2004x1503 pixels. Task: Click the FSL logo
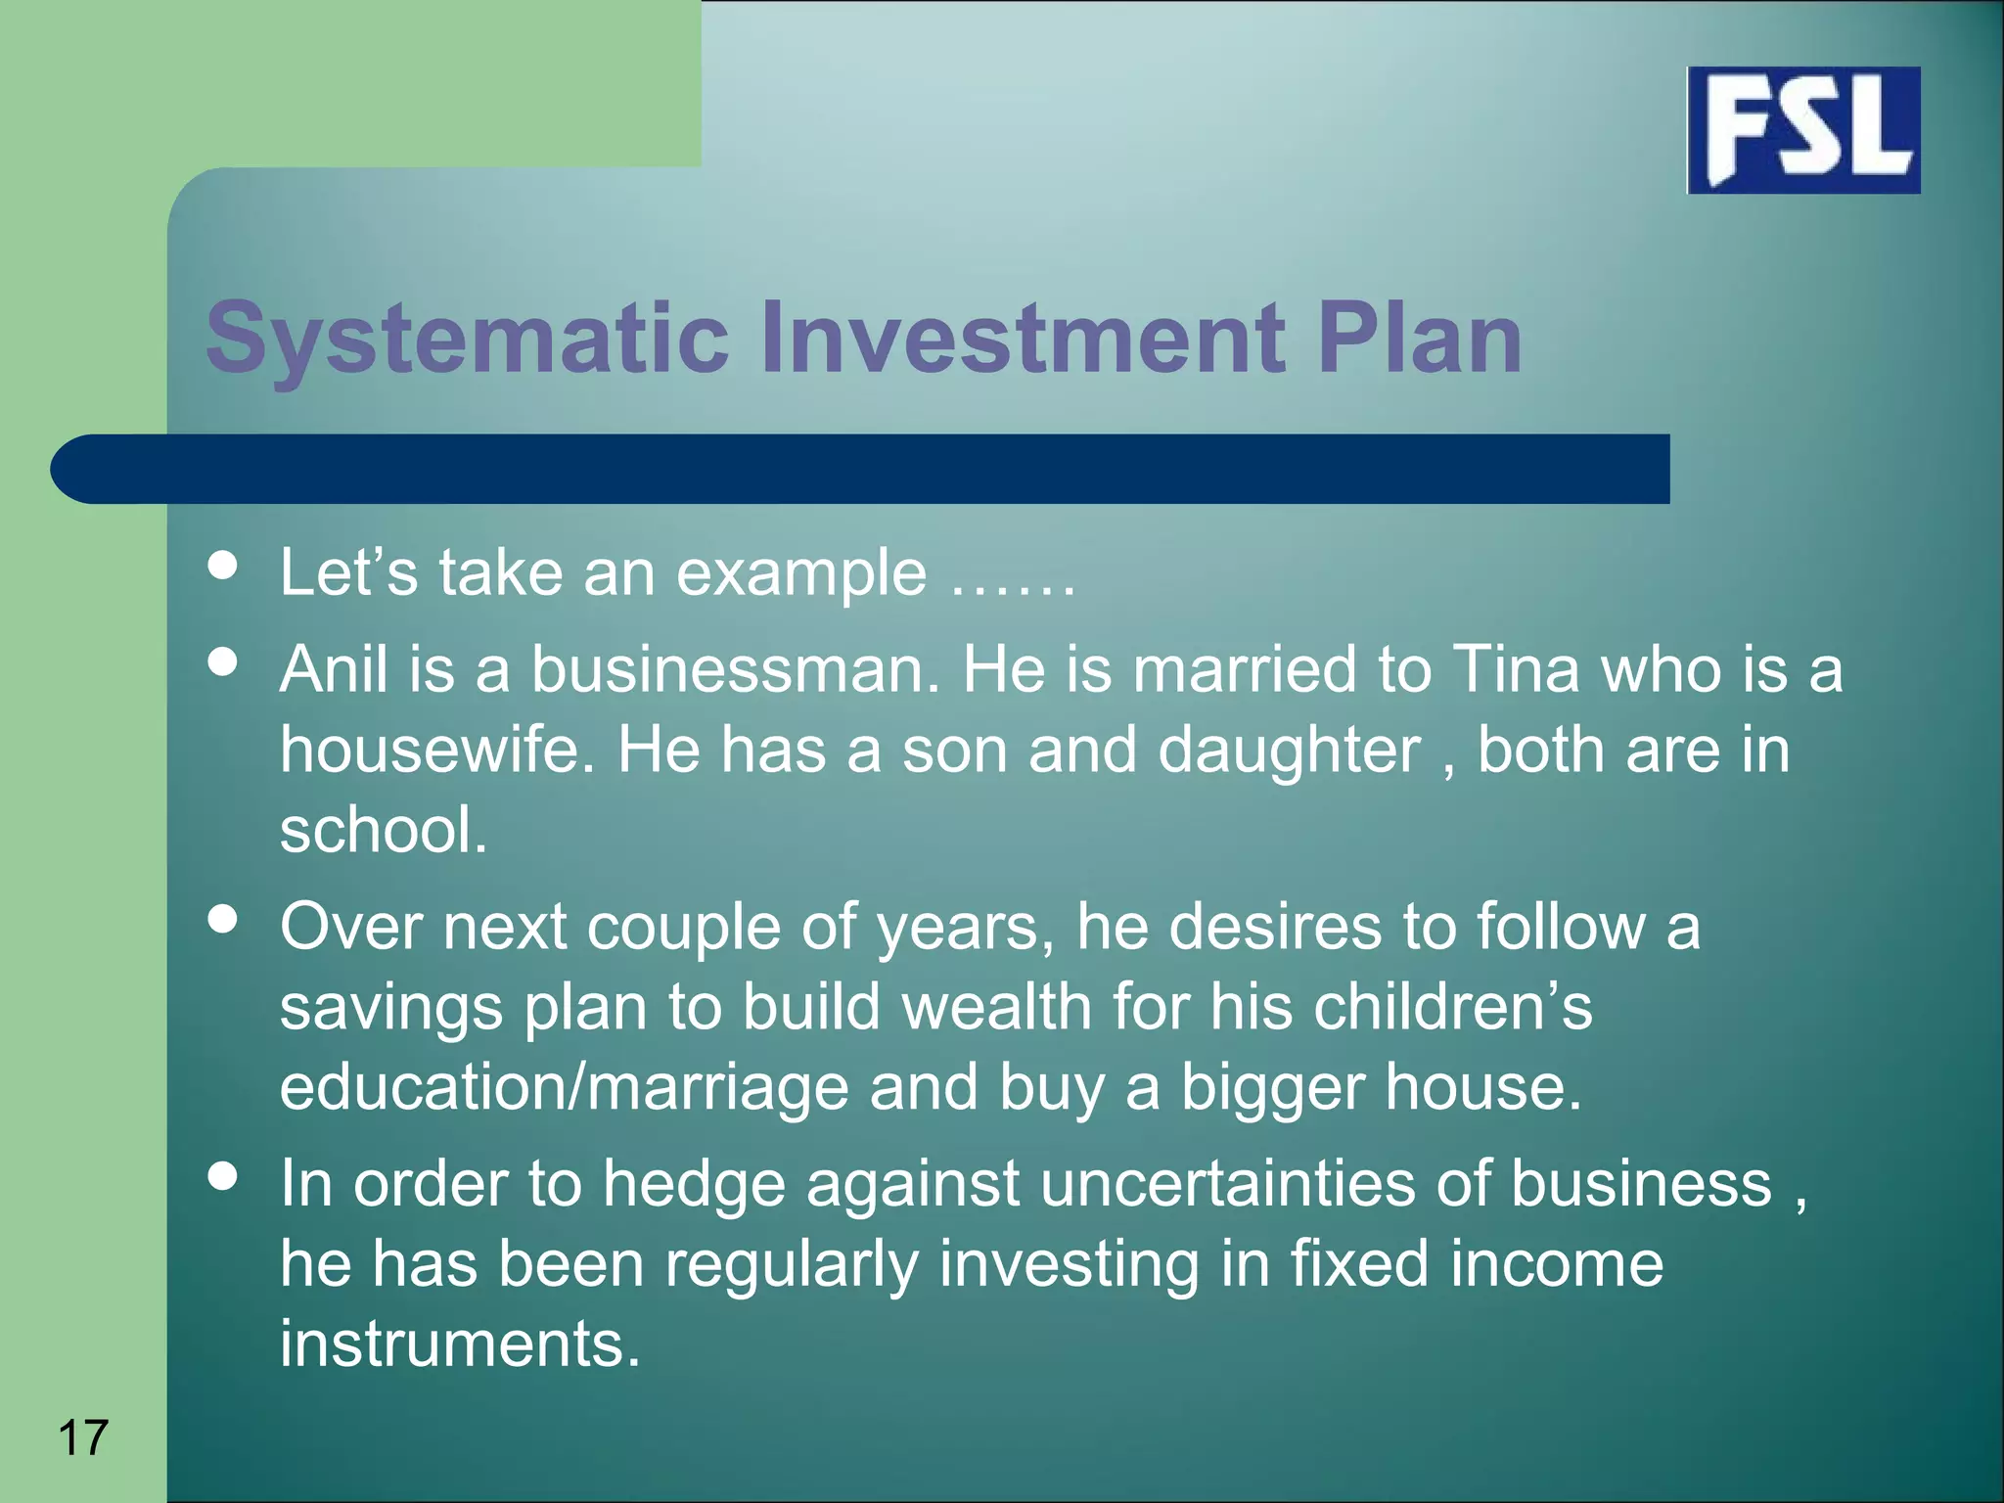coord(1803,130)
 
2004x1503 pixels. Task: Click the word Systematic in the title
coord(468,339)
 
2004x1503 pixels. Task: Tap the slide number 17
coord(83,1437)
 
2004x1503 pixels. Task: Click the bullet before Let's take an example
coord(223,565)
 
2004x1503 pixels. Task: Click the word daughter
coord(1289,751)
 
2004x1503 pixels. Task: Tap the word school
coord(383,830)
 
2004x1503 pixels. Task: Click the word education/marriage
coord(564,1088)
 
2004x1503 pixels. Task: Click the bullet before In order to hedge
coord(223,1175)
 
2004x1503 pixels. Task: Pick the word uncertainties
coord(1227,1184)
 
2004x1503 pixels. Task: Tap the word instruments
coord(460,1344)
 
